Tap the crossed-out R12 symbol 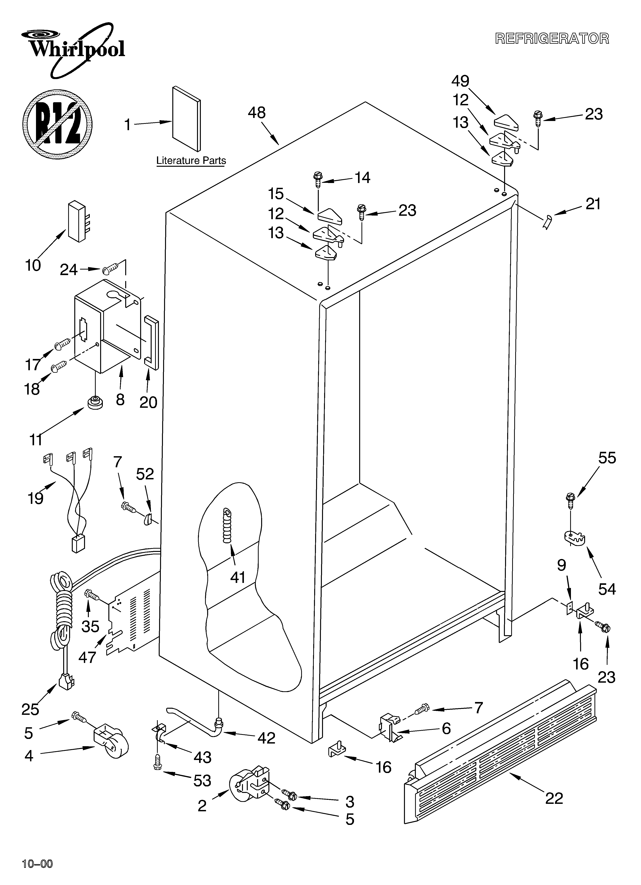point(58,124)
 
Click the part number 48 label point(257,113)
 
